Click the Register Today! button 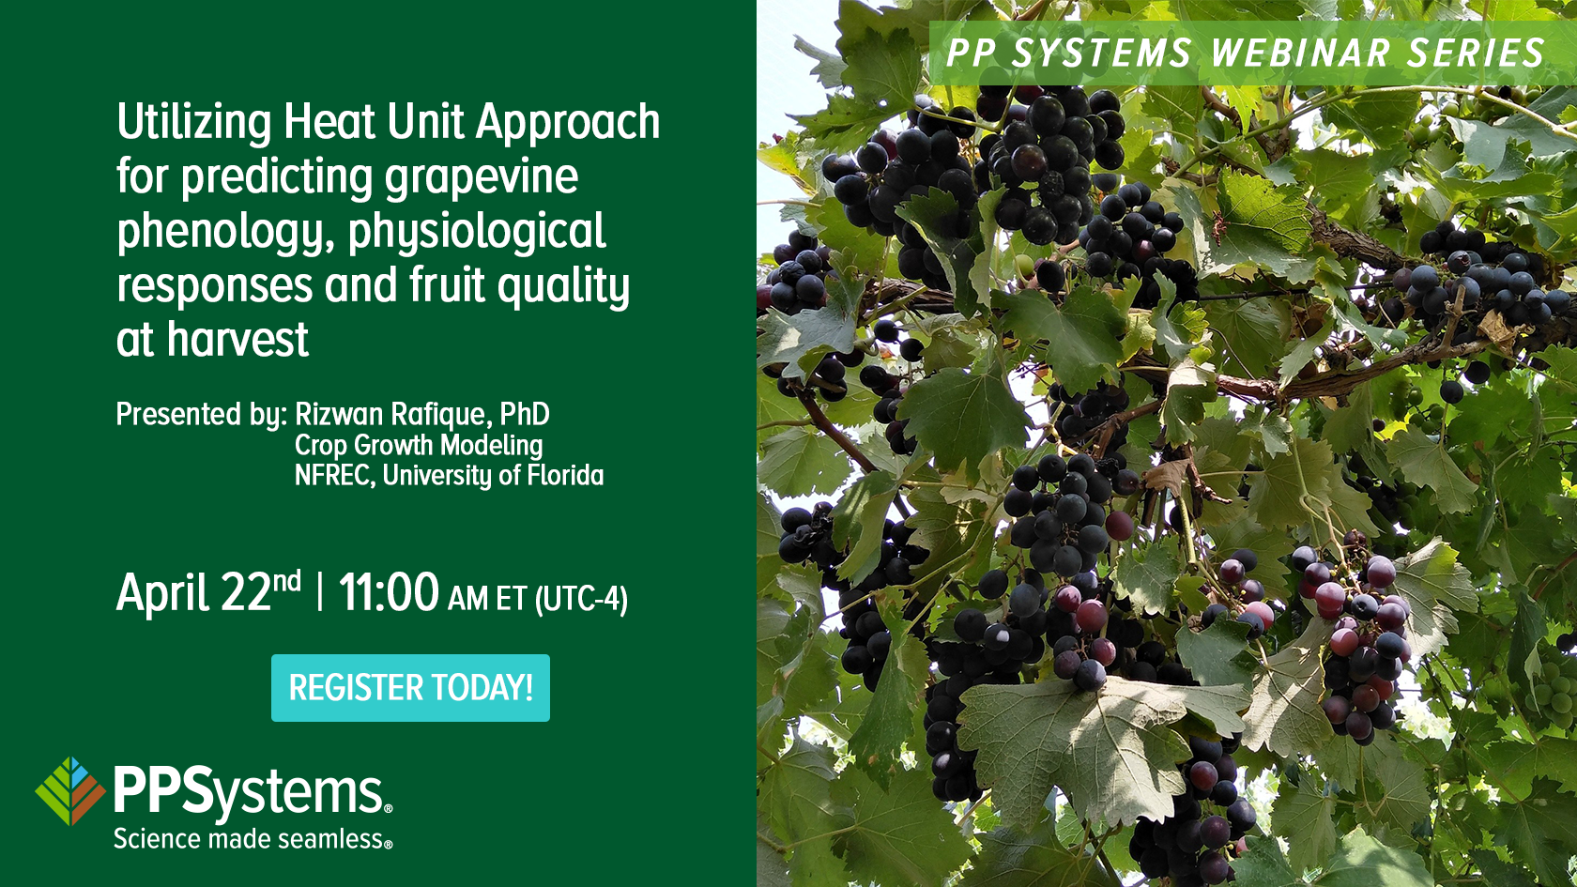coord(410,688)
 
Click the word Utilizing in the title coord(194,123)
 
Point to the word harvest coord(237,340)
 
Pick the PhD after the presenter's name coord(525,414)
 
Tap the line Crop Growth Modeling coord(419,445)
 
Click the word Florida coord(565,476)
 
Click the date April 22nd coord(208,593)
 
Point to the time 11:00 coord(389,593)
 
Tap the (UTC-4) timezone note coord(581,599)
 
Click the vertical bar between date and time coord(320,593)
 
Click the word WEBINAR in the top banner coord(1300,54)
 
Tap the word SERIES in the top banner coord(1475,54)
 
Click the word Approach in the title coord(568,123)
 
